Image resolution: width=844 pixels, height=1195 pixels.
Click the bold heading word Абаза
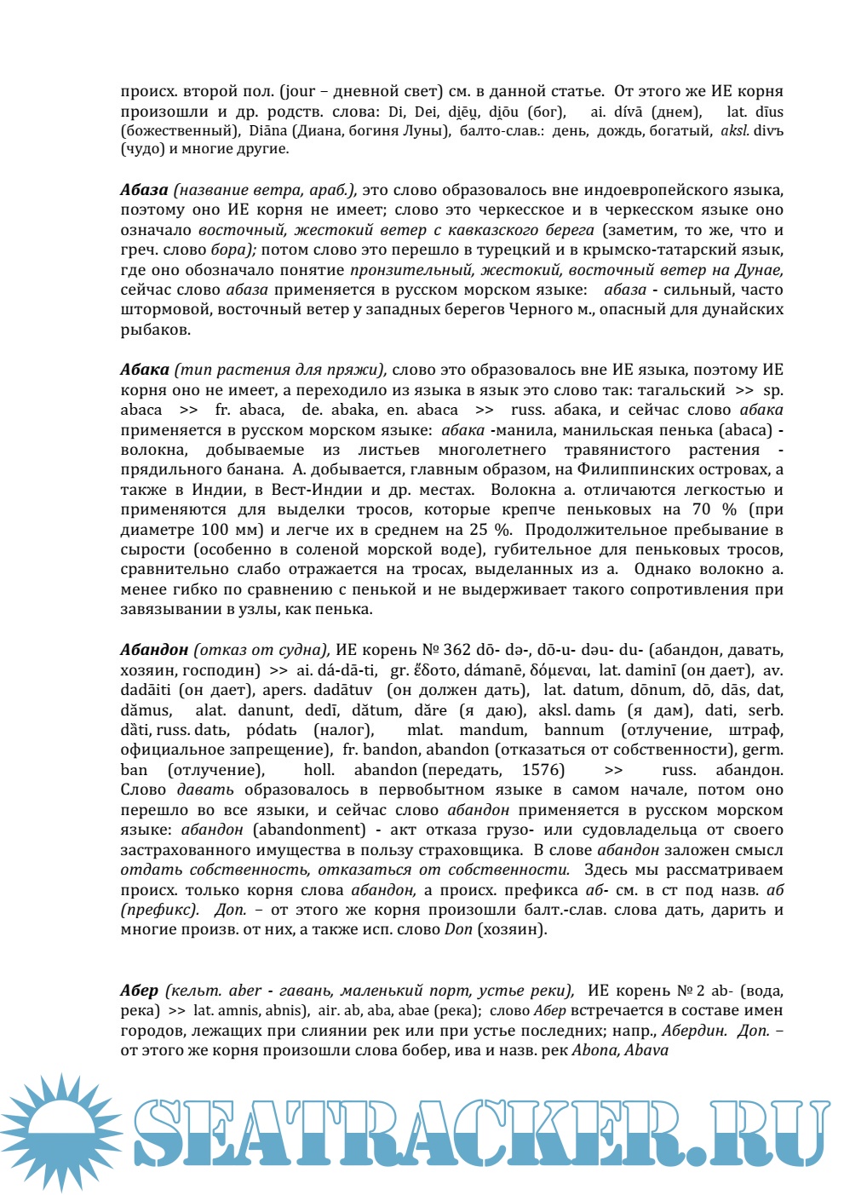(144, 190)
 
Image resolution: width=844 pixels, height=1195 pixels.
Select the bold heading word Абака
(144, 371)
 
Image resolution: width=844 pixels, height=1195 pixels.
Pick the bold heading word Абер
(139, 991)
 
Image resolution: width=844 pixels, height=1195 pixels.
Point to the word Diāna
(268, 131)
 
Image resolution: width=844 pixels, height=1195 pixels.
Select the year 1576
(543, 770)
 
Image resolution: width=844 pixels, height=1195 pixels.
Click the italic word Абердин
(693, 1031)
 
